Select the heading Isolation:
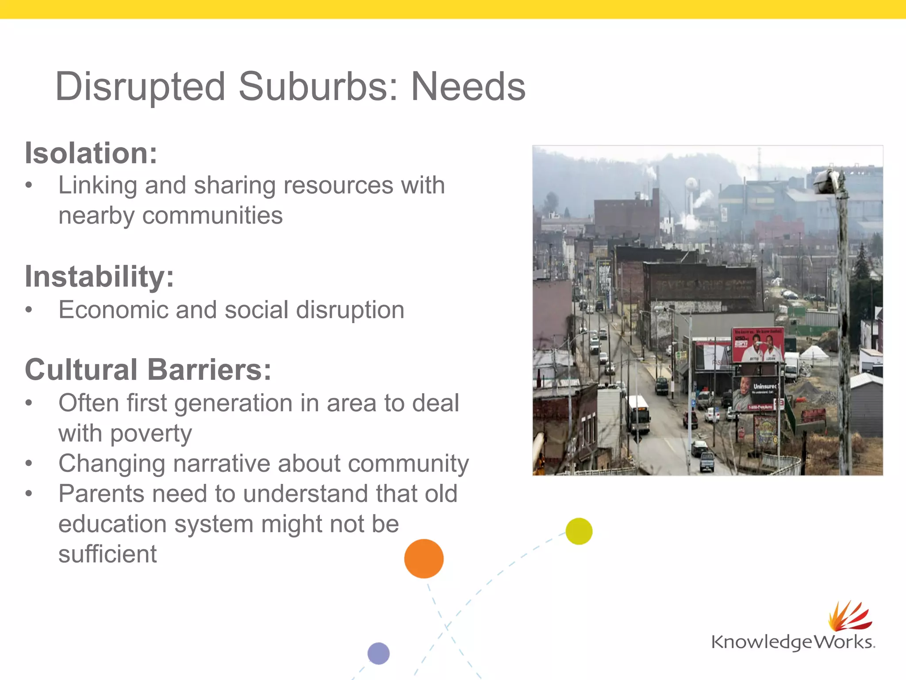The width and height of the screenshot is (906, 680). click(x=91, y=153)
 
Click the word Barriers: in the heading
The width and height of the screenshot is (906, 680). click(x=209, y=370)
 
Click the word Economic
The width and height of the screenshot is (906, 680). click(x=113, y=310)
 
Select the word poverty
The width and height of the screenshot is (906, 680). click(x=151, y=433)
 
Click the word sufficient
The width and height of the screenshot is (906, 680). click(x=107, y=554)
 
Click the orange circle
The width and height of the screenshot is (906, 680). click(x=424, y=559)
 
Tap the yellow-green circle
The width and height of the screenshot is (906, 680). click(x=579, y=531)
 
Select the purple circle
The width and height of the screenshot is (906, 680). click(x=378, y=653)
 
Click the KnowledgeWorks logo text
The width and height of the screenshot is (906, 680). click(x=793, y=642)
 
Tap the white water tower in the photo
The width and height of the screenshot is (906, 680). click(x=691, y=185)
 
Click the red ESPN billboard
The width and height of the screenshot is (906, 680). click(x=757, y=345)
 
